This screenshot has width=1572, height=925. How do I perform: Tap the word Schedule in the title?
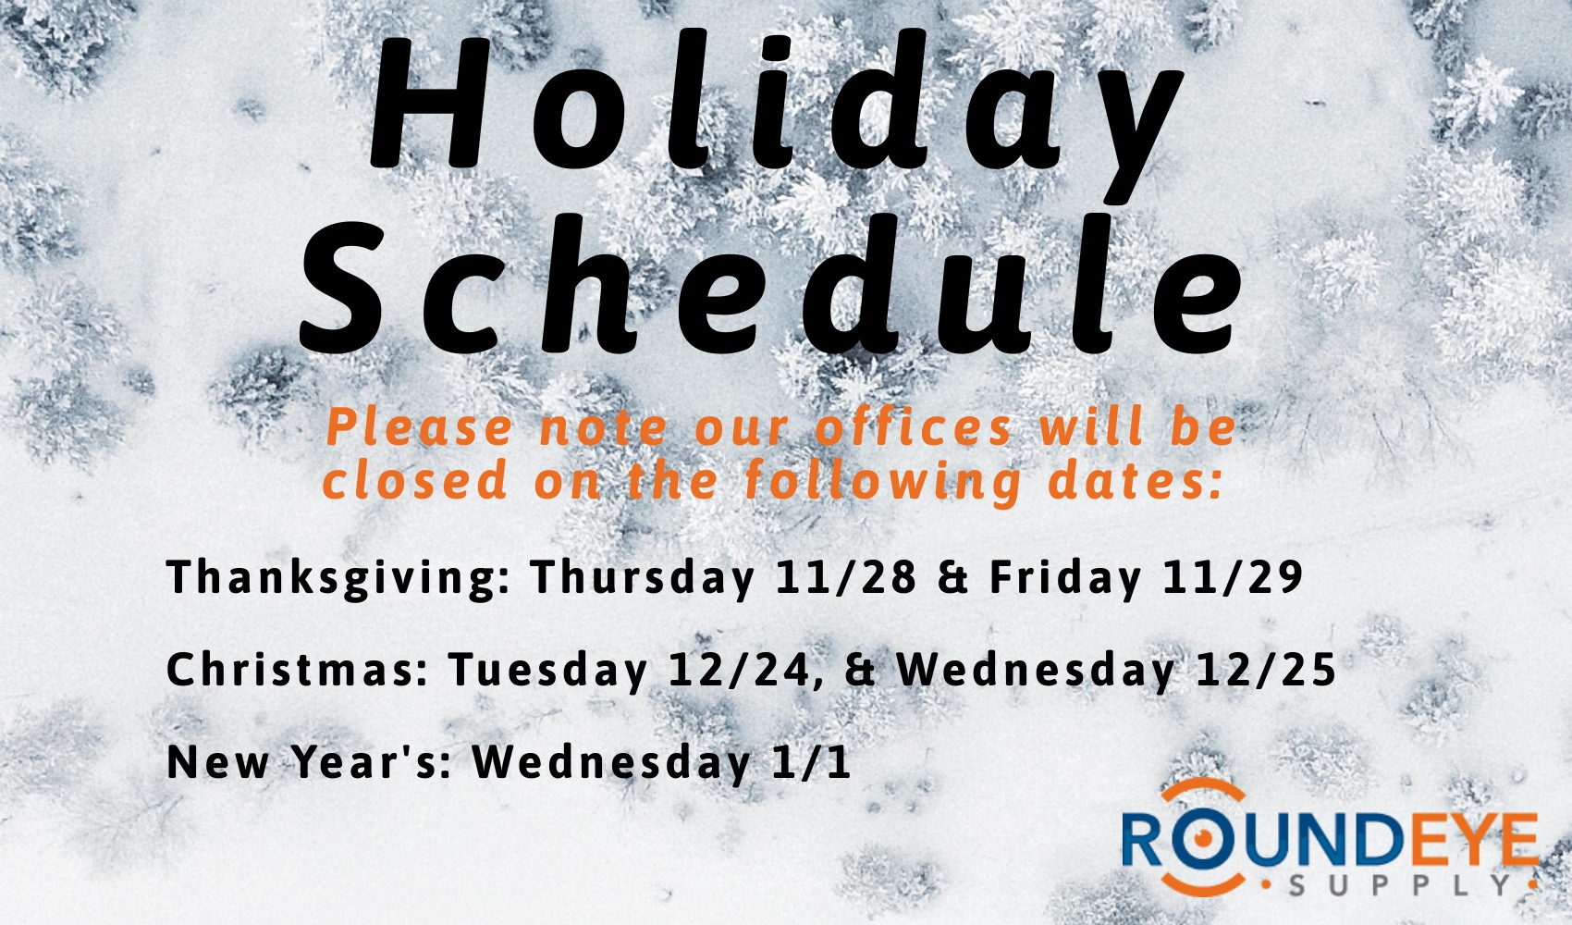point(770,283)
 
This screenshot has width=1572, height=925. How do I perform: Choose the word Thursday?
point(643,579)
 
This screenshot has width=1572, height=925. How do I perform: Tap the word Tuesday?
point(548,671)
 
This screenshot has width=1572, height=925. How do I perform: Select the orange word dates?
point(1136,481)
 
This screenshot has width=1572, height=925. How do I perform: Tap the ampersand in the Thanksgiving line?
point(953,577)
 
